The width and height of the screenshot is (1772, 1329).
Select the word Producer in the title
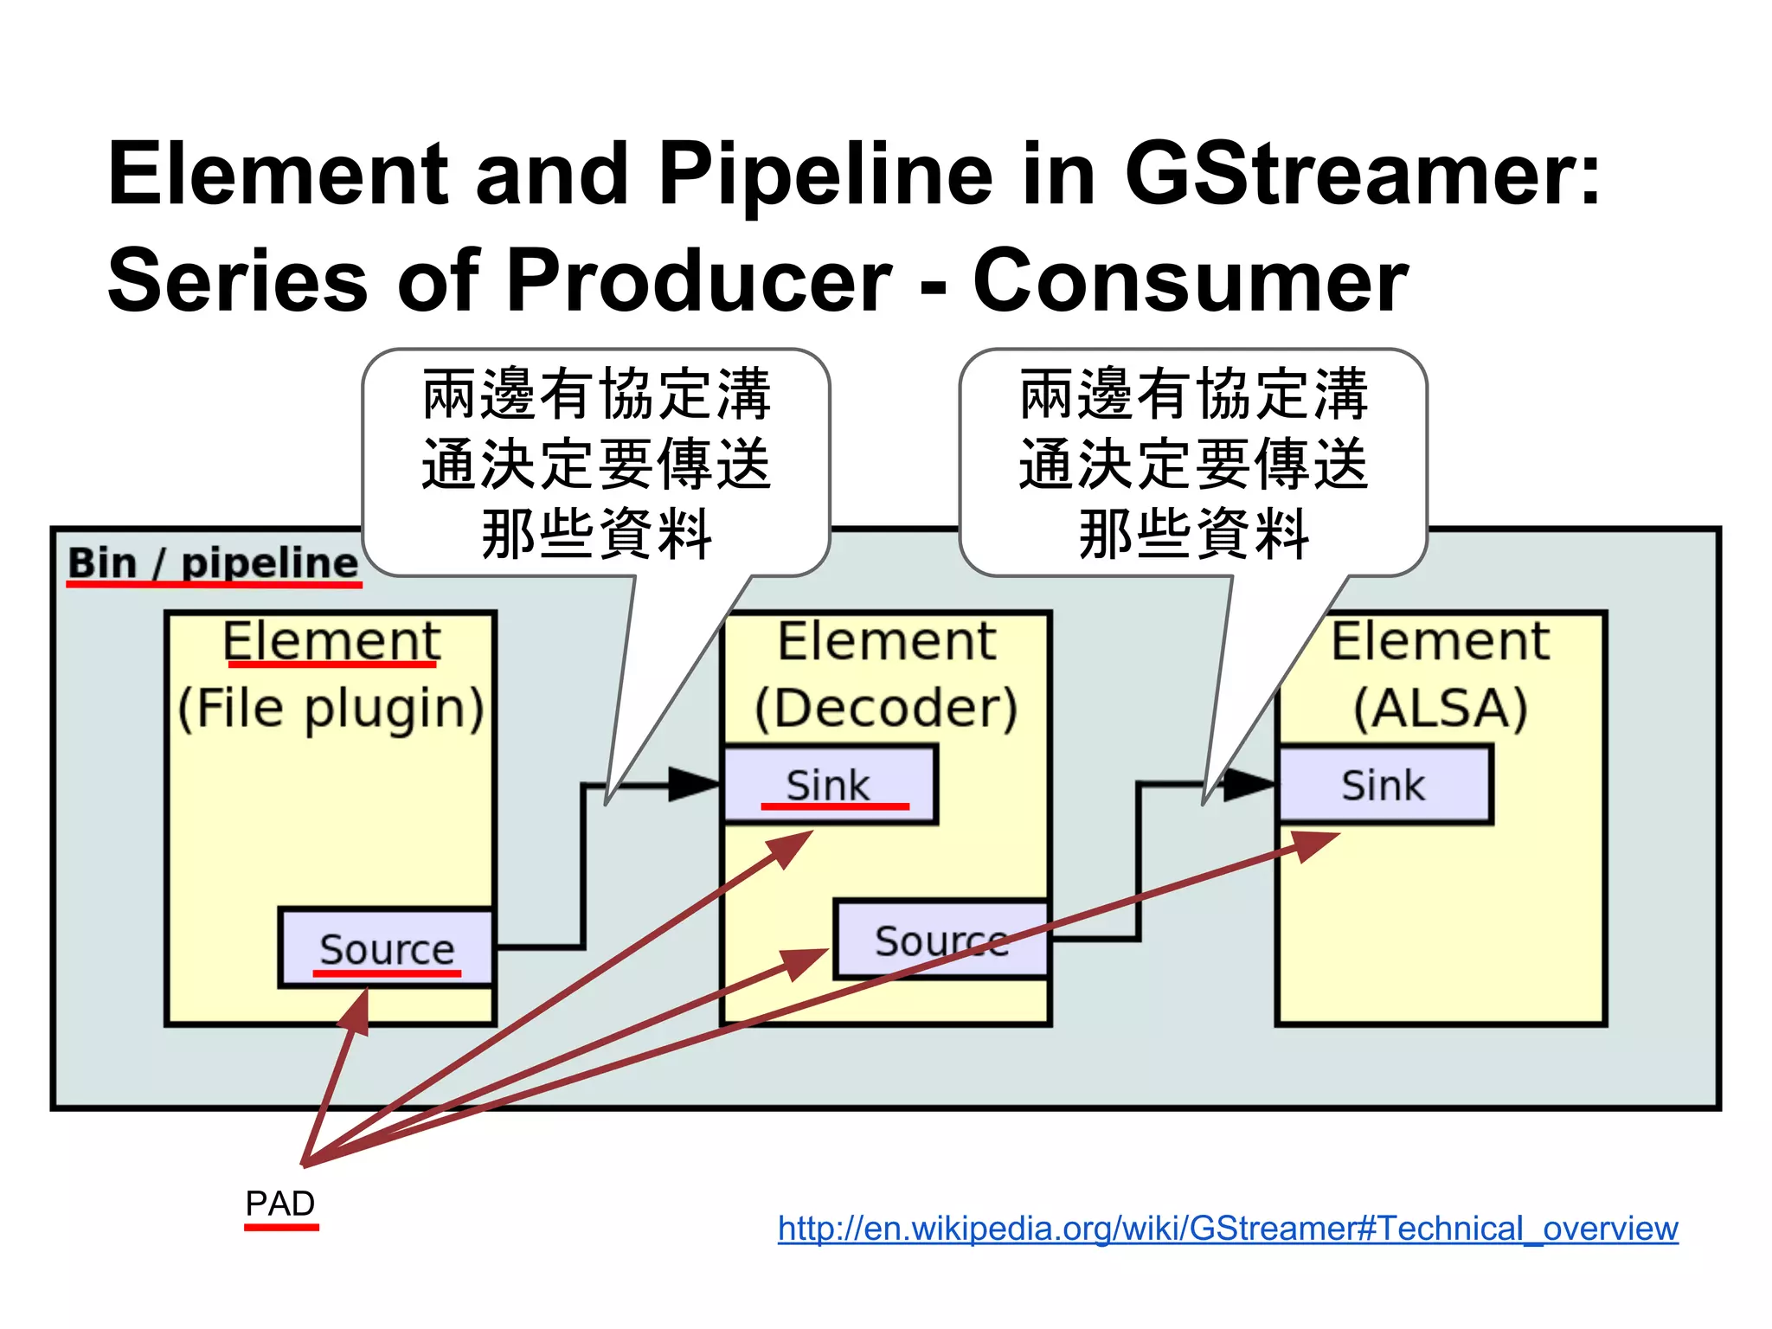point(698,280)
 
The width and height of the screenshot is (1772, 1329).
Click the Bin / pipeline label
point(213,563)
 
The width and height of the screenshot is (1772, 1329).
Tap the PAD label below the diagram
point(280,1204)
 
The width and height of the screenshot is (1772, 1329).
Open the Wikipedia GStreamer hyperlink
point(1227,1228)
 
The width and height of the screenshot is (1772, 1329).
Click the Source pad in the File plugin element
point(386,948)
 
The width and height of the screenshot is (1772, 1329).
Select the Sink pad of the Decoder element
point(828,785)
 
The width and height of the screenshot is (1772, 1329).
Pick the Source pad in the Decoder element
point(941,941)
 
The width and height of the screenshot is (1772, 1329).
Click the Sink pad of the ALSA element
point(1384,785)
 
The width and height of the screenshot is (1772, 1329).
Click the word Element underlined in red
point(331,641)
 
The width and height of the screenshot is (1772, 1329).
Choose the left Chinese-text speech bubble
point(596,463)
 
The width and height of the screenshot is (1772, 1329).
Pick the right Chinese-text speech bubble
point(1193,463)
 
